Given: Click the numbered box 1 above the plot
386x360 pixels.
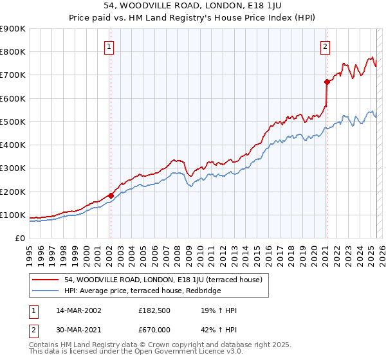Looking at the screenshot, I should [x=109, y=46].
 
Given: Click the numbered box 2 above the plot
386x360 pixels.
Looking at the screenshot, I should [x=326, y=46].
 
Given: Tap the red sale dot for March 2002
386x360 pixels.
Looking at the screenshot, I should [x=111, y=195].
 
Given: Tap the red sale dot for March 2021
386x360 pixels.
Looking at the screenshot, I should [x=326, y=82].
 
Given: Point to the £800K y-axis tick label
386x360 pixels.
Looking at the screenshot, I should [x=13, y=52].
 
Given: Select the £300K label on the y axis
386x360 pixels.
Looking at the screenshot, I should [x=13, y=168].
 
